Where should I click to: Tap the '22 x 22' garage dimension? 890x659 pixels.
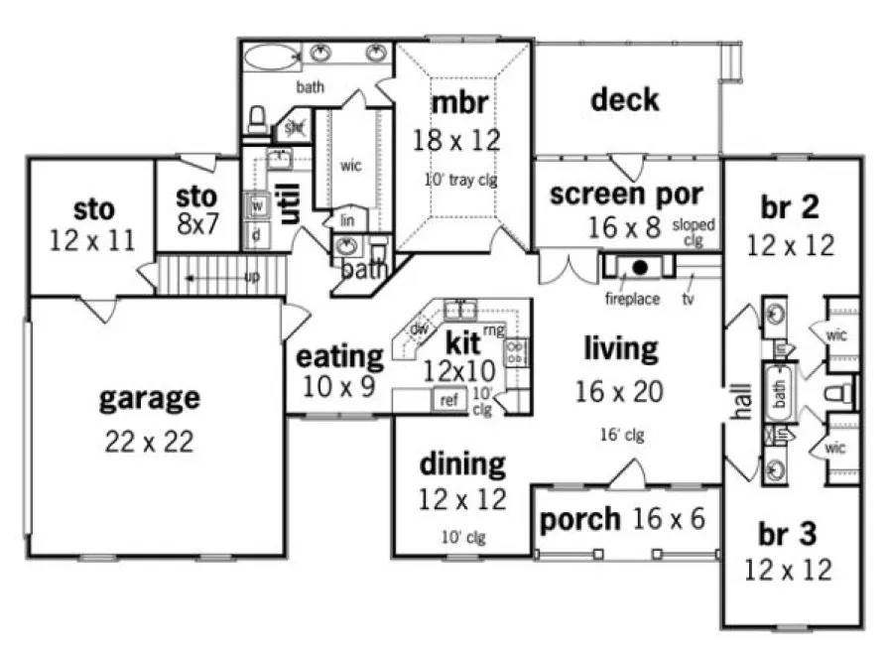pyautogui.click(x=149, y=441)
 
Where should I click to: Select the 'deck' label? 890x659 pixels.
pyautogui.click(x=624, y=99)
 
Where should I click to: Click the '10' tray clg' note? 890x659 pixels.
pyautogui.click(x=459, y=180)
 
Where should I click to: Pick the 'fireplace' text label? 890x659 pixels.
pyautogui.click(x=631, y=298)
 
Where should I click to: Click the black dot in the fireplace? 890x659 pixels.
pyautogui.click(x=641, y=267)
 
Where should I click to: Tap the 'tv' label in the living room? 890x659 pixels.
pyautogui.click(x=688, y=298)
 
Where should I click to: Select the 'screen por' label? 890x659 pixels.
pyautogui.click(x=626, y=193)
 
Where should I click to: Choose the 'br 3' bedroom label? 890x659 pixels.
pyautogui.click(x=789, y=534)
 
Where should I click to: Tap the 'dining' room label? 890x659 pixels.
pyautogui.click(x=461, y=462)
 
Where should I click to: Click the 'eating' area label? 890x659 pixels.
pyautogui.click(x=340, y=355)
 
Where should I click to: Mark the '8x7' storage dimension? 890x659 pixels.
pyautogui.click(x=198, y=224)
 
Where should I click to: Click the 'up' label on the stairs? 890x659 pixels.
pyautogui.click(x=252, y=277)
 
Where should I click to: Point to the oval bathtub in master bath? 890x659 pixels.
pyautogui.click(x=272, y=56)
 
